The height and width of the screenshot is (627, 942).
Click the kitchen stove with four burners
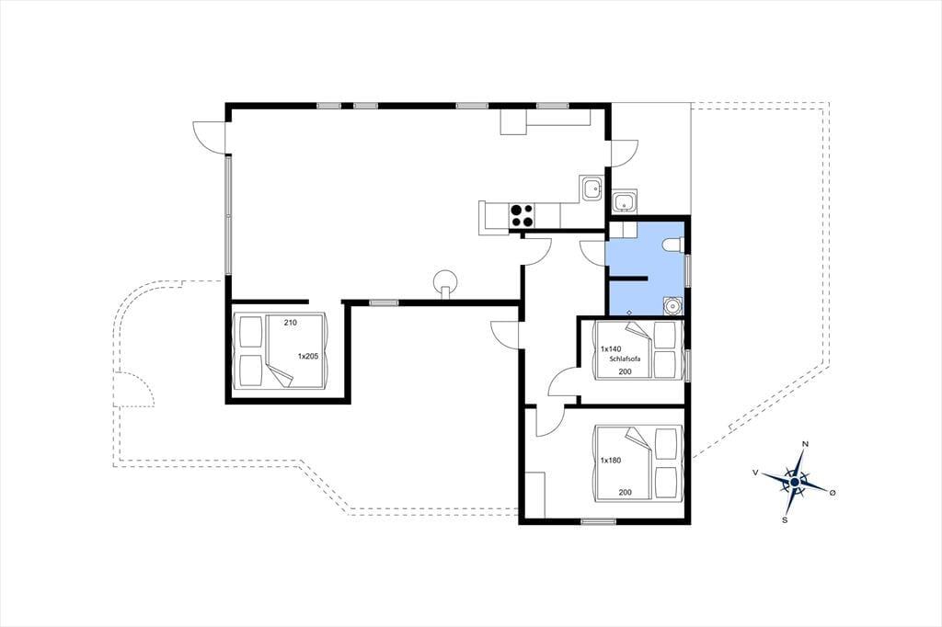point(521,216)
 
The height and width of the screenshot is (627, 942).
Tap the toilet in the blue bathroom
point(674,245)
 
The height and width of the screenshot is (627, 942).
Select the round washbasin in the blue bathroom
point(672,306)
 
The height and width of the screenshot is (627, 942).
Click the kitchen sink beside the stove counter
point(592,189)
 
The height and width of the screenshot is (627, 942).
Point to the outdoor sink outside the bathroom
point(626,201)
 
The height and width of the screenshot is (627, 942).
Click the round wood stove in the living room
point(445,281)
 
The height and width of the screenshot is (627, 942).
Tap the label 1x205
point(308,356)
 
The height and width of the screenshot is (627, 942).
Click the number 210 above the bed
point(290,323)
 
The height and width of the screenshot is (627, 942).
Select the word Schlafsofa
point(625,359)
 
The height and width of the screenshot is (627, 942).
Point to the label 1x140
point(611,349)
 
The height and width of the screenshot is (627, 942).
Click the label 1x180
point(611,461)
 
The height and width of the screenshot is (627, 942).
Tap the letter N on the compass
point(805,444)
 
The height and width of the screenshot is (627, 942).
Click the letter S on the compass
point(785,520)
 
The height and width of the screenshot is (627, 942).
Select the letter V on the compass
point(755,473)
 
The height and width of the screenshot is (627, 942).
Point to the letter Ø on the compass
point(832,493)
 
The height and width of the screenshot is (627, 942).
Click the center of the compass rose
point(794,482)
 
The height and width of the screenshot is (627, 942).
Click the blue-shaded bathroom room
point(647,268)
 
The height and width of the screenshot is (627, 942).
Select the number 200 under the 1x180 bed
point(625,493)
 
